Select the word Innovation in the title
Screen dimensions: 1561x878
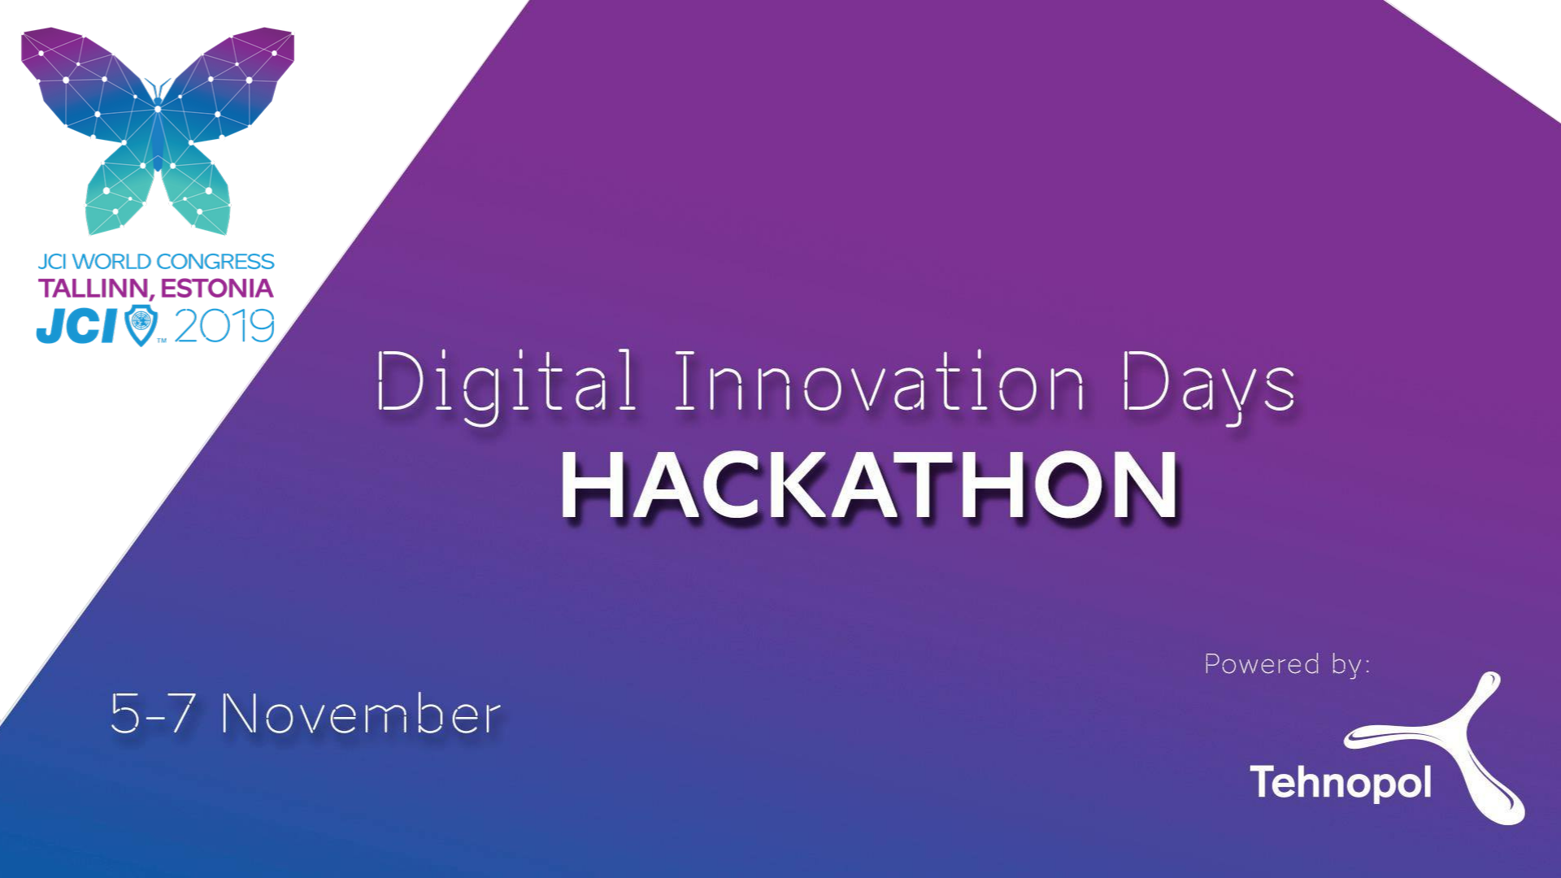(879, 381)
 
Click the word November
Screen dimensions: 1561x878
(361, 715)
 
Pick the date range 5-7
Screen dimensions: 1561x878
(152, 714)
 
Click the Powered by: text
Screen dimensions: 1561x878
(1287, 665)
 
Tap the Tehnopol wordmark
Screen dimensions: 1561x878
(1341, 782)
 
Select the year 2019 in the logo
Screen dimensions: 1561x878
(224, 327)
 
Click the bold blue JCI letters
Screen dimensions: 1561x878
(78, 326)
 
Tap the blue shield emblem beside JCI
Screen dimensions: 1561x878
(141, 325)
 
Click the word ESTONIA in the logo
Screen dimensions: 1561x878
(217, 288)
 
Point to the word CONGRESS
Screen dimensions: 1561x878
(215, 262)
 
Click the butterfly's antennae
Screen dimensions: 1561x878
(158, 89)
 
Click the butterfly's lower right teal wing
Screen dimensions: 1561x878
(198, 189)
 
